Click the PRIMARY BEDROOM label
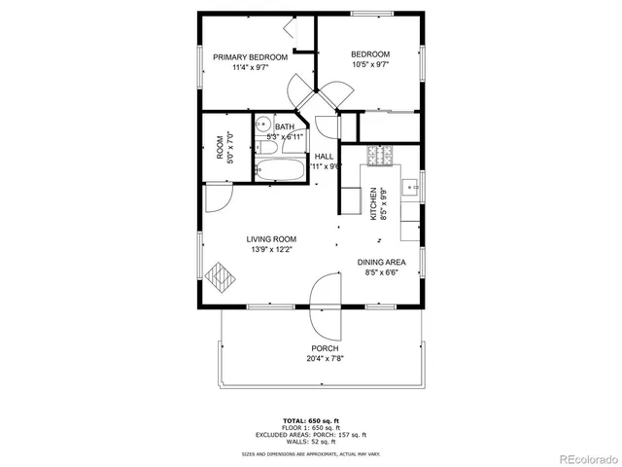tap(251, 57)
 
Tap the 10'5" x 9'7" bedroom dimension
tap(370, 65)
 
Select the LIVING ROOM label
tap(271, 238)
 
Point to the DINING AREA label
tap(381, 263)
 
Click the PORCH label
tap(325, 348)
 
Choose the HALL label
tap(324, 156)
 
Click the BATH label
tap(285, 127)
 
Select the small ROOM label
tap(220, 147)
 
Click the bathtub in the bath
tap(280, 171)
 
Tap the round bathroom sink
tap(261, 125)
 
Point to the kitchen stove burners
tap(378, 154)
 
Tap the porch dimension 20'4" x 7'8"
tap(325, 358)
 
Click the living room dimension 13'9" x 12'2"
tap(271, 249)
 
